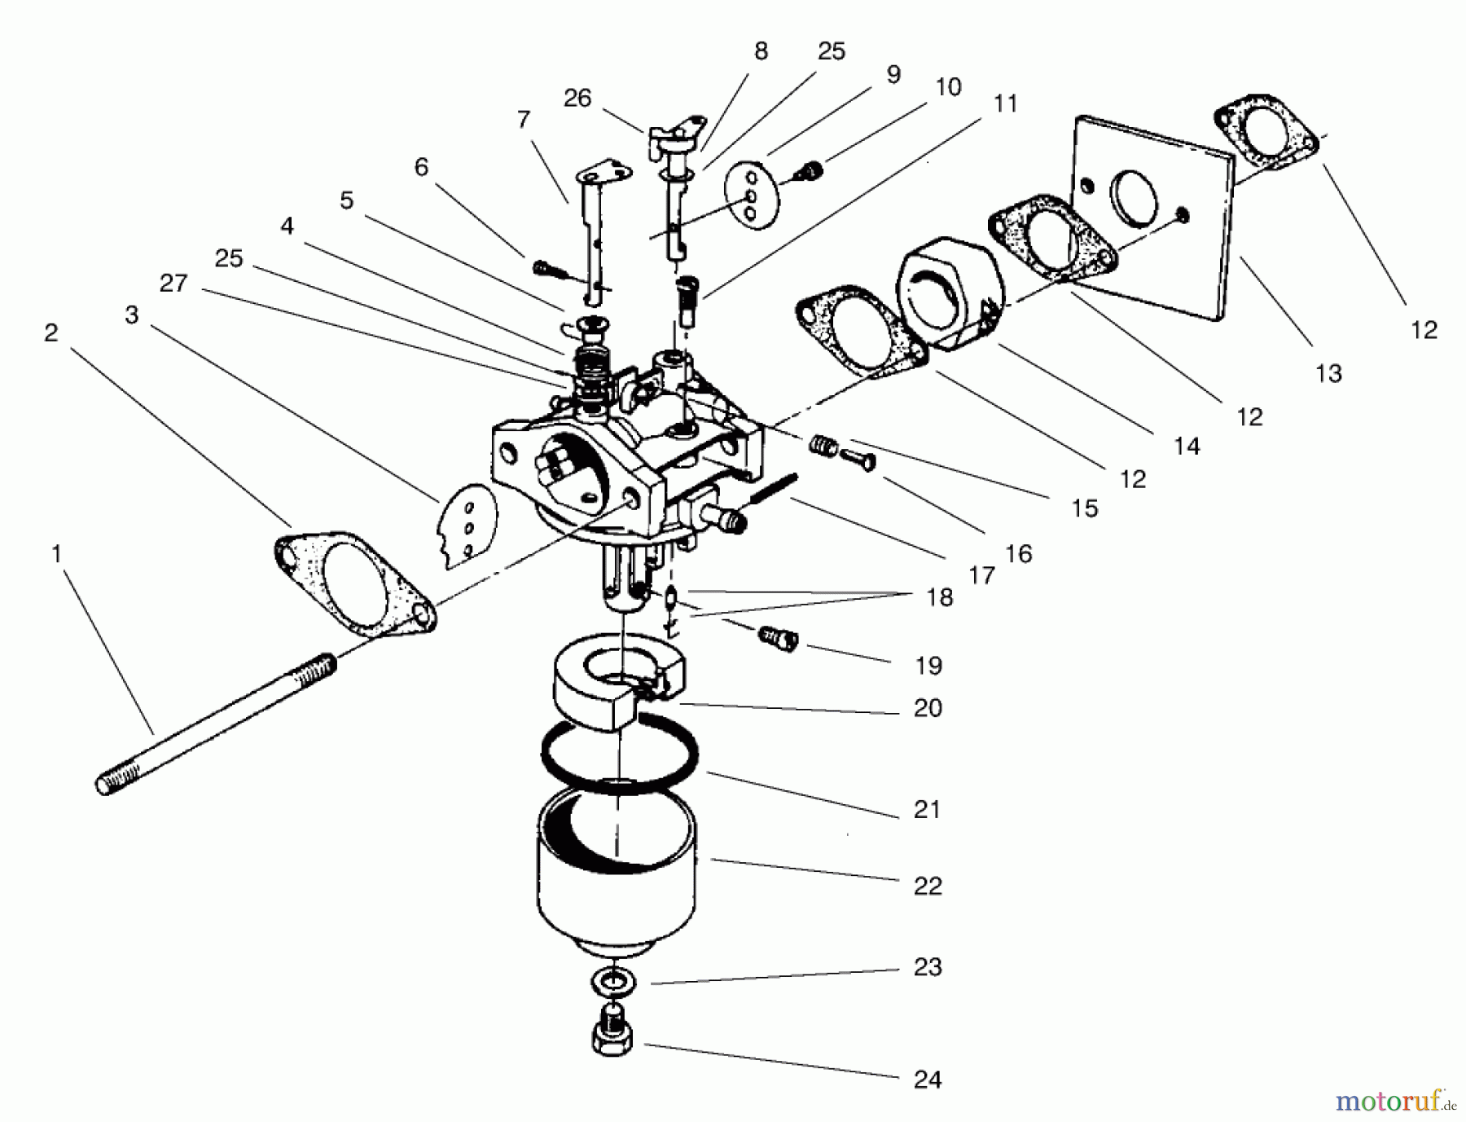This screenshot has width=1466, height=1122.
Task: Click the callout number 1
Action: coord(56,554)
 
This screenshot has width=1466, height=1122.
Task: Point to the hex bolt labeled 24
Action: coord(616,1032)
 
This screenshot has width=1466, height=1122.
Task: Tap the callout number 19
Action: coord(928,666)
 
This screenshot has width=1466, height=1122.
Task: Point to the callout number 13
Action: coord(1328,373)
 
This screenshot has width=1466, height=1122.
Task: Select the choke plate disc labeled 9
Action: coord(753,196)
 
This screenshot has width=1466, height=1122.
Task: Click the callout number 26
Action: coord(577,99)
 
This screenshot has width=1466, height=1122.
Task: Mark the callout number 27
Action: coord(173,284)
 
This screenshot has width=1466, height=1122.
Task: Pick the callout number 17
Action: coord(981,575)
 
